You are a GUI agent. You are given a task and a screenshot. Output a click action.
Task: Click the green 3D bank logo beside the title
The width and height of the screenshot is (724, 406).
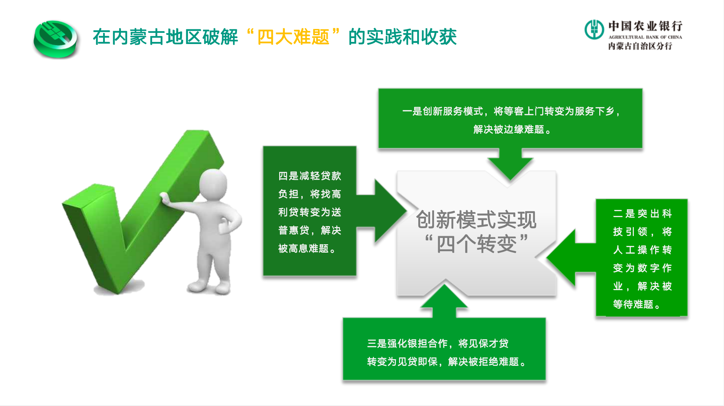point(56,39)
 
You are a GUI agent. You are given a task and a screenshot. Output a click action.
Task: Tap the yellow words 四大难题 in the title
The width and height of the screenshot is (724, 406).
point(294,37)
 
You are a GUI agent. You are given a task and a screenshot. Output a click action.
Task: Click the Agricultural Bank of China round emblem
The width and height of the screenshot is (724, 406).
point(594,29)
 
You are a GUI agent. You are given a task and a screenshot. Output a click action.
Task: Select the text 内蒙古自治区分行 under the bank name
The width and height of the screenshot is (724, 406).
point(640,46)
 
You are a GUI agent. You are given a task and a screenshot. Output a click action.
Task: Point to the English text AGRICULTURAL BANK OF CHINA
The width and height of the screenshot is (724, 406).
point(645,37)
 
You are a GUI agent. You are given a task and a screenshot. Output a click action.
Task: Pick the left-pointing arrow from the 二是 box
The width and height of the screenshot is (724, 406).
point(571,258)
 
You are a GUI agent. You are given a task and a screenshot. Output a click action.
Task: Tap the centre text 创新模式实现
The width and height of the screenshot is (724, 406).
point(476,220)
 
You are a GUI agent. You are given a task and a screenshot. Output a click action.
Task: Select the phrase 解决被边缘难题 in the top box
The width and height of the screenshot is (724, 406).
point(508,130)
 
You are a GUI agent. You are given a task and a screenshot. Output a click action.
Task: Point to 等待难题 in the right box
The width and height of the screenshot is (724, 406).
point(633,304)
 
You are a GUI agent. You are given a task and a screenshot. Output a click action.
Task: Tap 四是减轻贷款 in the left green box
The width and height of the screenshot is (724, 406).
point(310,176)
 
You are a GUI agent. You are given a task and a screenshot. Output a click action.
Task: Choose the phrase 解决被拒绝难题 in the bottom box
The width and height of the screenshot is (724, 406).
point(483,362)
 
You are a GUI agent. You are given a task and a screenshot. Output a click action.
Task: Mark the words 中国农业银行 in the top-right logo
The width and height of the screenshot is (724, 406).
point(645,26)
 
